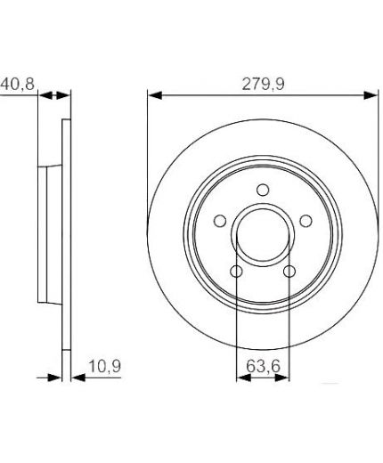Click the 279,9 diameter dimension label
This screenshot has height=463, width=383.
tap(263, 84)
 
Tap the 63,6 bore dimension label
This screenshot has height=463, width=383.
tap(263, 366)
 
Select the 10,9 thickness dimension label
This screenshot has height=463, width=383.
tap(105, 366)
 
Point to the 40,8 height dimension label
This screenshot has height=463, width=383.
tap(17, 84)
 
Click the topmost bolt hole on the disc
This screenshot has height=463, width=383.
tap(263, 190)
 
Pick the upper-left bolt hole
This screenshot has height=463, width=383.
tap(220, 221)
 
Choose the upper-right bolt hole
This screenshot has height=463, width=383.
tap(306, 221)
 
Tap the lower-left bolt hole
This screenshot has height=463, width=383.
tap(236, 271)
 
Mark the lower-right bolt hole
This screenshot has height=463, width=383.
tap(289, 271)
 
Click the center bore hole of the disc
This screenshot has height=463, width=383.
tap(263, 234)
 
